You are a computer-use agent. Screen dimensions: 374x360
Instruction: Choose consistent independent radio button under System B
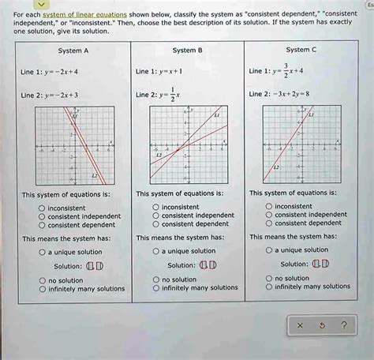155,216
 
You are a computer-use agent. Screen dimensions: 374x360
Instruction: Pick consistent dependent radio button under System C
269,223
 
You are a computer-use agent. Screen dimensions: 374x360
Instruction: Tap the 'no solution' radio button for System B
155,279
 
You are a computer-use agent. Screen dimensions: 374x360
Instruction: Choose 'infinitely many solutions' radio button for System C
269,287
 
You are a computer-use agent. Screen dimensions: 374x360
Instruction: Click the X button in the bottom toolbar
300,324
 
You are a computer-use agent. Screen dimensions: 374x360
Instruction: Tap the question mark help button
343,324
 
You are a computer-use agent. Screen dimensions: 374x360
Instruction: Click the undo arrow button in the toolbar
322,324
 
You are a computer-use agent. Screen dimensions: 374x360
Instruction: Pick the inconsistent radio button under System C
269,206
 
